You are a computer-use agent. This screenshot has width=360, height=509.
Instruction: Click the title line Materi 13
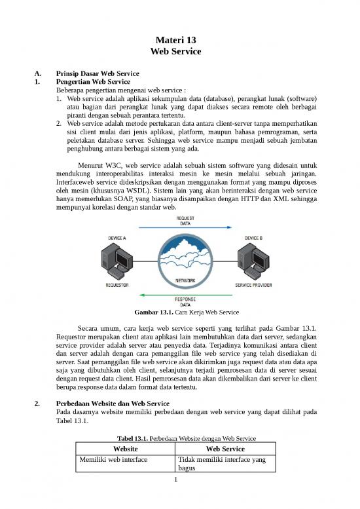(x=180, y=39)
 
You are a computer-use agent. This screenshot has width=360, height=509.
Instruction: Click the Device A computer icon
(x=112, y=260)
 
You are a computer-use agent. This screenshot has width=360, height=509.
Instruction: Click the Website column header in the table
(x=125, y=449)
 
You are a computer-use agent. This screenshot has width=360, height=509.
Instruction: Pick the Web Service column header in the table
(x=226, y=449)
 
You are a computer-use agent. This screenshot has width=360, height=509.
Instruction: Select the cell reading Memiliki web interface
(x=113, y=461)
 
